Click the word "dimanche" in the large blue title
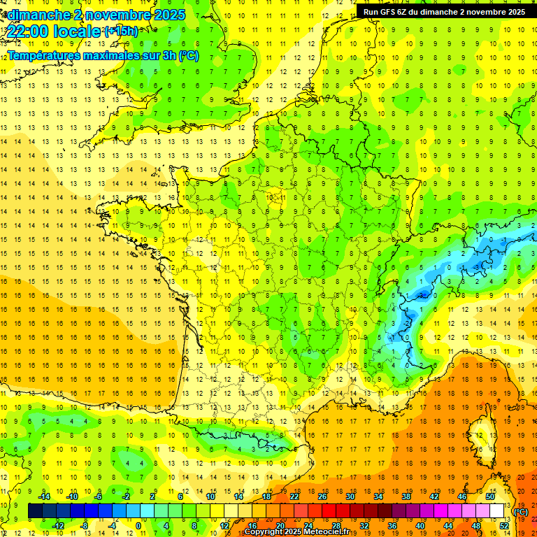41,15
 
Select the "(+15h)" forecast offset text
121,31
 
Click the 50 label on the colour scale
489,496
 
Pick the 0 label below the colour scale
138,526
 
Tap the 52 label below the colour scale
503,526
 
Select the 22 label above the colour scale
294,496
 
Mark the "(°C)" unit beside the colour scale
520,511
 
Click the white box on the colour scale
497,511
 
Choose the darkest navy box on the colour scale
35,511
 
